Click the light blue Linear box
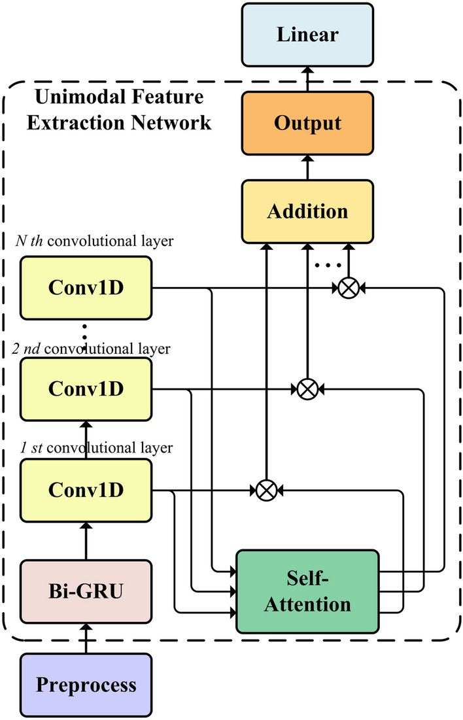point(307,35)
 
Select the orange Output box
point(307,124)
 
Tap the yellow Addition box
point(307,211)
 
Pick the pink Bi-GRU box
point(86,592)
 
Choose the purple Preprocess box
point(86,685)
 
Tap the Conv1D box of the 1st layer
point(86,490)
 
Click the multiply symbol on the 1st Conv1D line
point(266,490)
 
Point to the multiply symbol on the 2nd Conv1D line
point(306,389)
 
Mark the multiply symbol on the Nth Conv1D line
point(348,287)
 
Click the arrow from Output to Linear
point(307,78)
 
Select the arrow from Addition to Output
point(307,167)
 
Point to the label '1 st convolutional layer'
point(95,449)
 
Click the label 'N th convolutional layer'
point(95,242)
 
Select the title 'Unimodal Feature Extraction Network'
point(118,109)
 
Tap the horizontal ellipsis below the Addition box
point(328,266)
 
